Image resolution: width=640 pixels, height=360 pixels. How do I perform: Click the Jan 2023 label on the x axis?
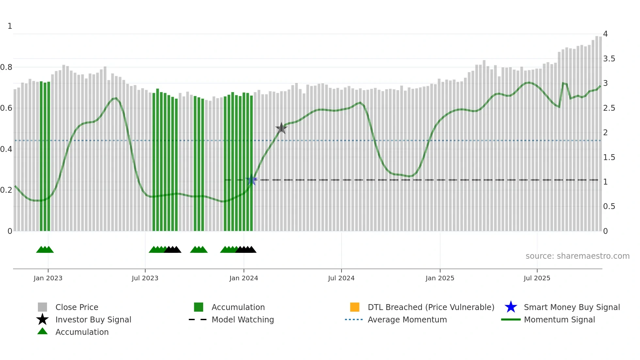click(48, 278)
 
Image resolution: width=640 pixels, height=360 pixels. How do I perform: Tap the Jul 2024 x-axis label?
click(341, 278)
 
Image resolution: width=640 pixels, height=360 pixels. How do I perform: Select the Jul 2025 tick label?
click(537, 278)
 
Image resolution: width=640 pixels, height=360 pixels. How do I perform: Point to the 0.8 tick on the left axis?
click(6, 67)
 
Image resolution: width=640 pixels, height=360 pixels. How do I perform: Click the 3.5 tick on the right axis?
click(609, 59)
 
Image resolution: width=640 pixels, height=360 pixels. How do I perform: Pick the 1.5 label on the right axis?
click(609, 157)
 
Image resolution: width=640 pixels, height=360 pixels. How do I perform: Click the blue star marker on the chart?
click(251, 180)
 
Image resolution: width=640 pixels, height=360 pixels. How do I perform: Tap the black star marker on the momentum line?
click(281, 128)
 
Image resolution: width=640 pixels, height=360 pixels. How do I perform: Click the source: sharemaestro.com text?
click(577, 256)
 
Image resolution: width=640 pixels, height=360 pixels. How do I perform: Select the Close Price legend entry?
click(77, 307)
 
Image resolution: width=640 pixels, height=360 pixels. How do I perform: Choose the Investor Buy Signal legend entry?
click(93, 319)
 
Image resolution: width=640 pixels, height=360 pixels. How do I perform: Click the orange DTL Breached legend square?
click(355, 307)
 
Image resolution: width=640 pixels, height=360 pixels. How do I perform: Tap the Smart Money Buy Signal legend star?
click(511, 307)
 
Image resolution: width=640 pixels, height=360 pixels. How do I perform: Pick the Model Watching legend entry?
click(243, 319)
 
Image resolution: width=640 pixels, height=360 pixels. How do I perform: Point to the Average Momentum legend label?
click(407, 319)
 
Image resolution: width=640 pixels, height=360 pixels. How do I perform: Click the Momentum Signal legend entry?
click(559, 319)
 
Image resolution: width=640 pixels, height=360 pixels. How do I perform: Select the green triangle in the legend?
click(42, 332)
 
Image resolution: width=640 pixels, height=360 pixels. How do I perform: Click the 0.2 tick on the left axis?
click(6, 190)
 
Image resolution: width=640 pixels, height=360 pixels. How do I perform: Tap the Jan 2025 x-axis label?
click(440, 278)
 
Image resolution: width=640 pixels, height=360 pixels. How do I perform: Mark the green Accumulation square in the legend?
click(199, 307)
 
